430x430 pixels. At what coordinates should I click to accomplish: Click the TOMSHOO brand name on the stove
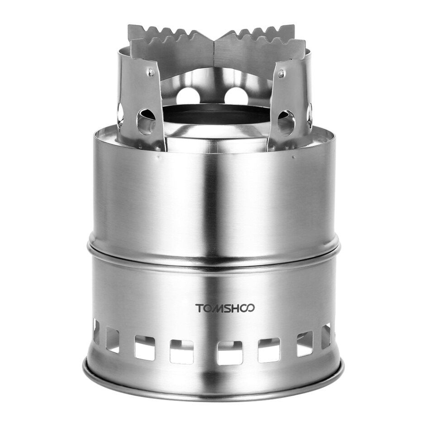pos(225,308)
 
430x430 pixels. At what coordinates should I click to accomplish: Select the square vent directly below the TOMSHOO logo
pos(229,352)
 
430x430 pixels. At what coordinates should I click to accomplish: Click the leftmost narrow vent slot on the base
pos(96,331)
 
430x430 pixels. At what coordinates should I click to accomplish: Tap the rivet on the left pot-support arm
pos(151,72)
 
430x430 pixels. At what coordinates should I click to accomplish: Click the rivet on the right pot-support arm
pos(282,72)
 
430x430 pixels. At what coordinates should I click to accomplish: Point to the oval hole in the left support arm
pos(146,122)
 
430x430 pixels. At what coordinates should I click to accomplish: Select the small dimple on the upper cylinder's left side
pos(158,158)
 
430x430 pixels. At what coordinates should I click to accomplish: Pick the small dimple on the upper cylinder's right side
pos(293,158)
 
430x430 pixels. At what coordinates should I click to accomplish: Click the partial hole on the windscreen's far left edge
pos(120,113)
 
